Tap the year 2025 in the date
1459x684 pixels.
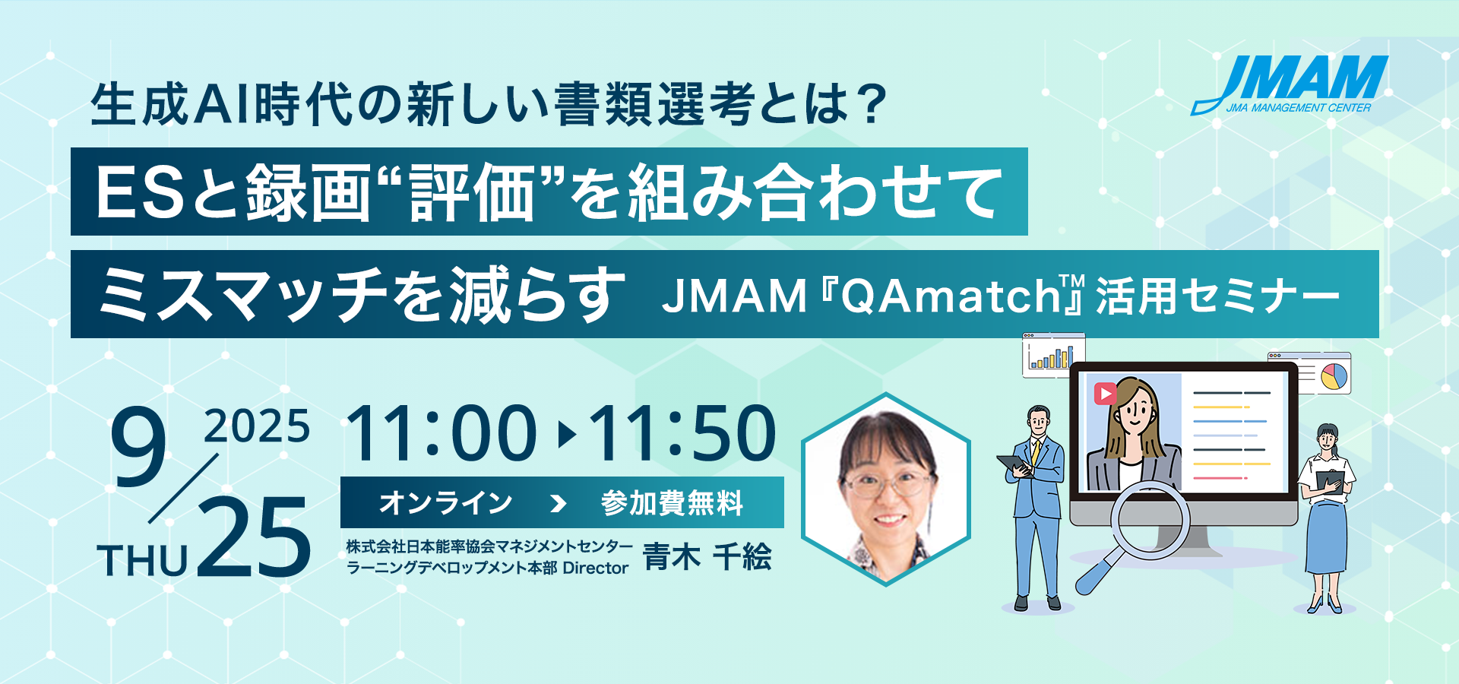click(x=257, y=426)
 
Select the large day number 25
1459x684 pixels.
click(x=255, y=537)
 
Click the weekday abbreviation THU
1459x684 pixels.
click(x=143, y=562)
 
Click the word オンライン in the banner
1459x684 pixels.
click(x=446, y=502)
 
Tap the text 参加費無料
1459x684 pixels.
click(x=672, y=502)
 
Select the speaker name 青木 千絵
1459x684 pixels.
click(x=707, y=557)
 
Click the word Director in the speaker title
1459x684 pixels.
click(x=596, y=568)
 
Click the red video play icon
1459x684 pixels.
click(x=1105, y=393)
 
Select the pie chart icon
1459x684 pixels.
click(x=1334, y=376)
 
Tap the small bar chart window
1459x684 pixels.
click(x=1053, y=355)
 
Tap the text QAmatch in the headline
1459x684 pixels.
click(x=951, y=296)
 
